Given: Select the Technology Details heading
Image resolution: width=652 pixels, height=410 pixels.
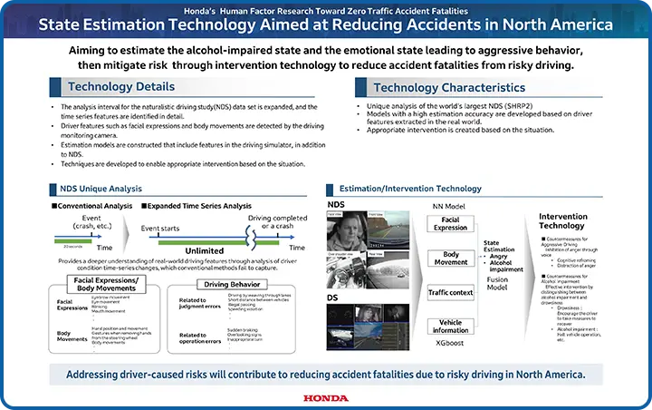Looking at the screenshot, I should click(x=120, y=87).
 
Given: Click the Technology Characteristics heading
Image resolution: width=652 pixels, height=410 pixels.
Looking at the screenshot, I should click(x=449, y=88).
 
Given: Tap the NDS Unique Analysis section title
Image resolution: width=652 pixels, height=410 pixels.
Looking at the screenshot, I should click(x=97, y=189).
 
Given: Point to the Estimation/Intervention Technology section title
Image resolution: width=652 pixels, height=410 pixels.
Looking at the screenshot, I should click(x=398, y=189).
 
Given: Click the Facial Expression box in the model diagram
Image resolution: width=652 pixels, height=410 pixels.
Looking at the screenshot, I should click(x=450, y=224).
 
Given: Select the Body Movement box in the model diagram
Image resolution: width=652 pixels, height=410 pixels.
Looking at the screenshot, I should click(x=450, y=259).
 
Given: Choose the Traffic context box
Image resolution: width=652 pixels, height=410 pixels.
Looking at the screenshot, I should click(x=450, y=293).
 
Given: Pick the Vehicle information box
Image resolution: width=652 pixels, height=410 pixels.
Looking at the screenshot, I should click(x=450, y=327).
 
